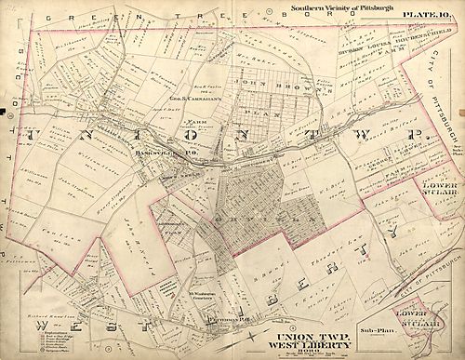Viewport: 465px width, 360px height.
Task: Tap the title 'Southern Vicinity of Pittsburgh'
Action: click(x=298, y=7)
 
